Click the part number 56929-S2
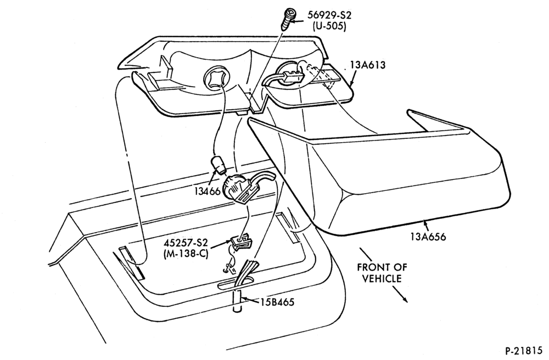point(329,15)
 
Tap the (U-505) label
point(329,26)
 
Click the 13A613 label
point(368,65)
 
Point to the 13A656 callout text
point(429,237)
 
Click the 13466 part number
point(208,192)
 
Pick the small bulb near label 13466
point(218,165)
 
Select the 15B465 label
point(277,302)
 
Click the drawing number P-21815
point(525,351)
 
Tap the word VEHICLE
point(382,278)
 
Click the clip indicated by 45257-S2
point(240,242)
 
